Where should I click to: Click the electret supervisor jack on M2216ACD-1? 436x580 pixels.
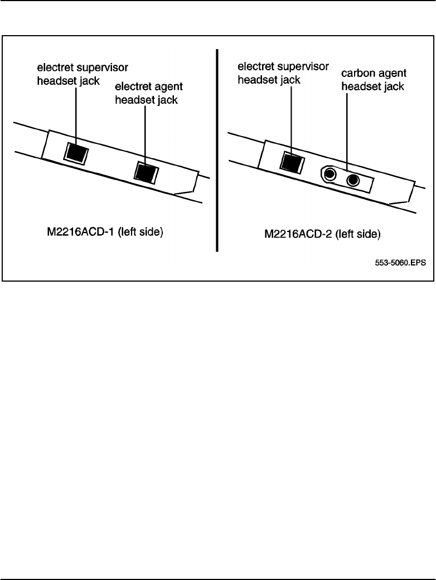[76, 152]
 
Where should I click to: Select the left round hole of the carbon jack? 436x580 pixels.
[330, 175]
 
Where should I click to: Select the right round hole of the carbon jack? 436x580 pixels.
[352, 180]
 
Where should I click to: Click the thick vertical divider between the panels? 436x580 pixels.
[217, 151]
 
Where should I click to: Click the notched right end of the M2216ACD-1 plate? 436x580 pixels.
[190, 184]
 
